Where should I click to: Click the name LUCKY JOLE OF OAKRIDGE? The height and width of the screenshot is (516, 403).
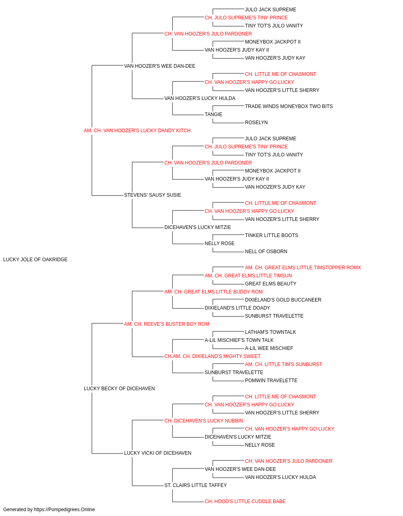(35, 260)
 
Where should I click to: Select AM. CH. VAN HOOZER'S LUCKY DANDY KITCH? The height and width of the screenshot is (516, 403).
(137, 131)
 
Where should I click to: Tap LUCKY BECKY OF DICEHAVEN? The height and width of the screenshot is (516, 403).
(119, 389)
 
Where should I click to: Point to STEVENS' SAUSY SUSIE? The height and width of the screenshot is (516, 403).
(152, 195)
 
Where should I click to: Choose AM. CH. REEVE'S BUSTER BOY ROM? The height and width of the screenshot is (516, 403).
(166, 324)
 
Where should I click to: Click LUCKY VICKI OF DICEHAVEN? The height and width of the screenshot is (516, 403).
(158, 453)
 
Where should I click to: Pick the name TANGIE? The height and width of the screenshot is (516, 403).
(213, 114)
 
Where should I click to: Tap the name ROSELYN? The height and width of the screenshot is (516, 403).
(256, 123)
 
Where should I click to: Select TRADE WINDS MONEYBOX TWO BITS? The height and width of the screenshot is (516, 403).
(289, 106)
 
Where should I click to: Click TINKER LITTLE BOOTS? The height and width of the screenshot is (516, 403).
(272, 235)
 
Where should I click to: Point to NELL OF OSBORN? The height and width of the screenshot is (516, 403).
(266, 252)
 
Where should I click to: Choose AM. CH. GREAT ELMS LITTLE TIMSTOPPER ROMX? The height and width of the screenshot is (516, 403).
(303, 268)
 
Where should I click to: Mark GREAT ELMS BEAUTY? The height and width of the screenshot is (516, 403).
(270, 284)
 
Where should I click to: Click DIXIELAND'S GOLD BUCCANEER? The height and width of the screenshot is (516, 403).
(283, 300)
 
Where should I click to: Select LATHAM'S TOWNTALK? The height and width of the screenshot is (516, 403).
(270, 332)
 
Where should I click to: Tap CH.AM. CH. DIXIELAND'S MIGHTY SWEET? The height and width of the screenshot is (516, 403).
(212, 356)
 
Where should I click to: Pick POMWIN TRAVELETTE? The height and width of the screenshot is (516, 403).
(271, 381)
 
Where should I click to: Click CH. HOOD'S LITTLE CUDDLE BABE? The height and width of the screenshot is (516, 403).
(245, 501)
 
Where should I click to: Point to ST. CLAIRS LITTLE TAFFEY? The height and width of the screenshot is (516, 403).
(195, 485)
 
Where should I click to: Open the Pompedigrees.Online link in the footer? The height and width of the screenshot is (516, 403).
(64, 510)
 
